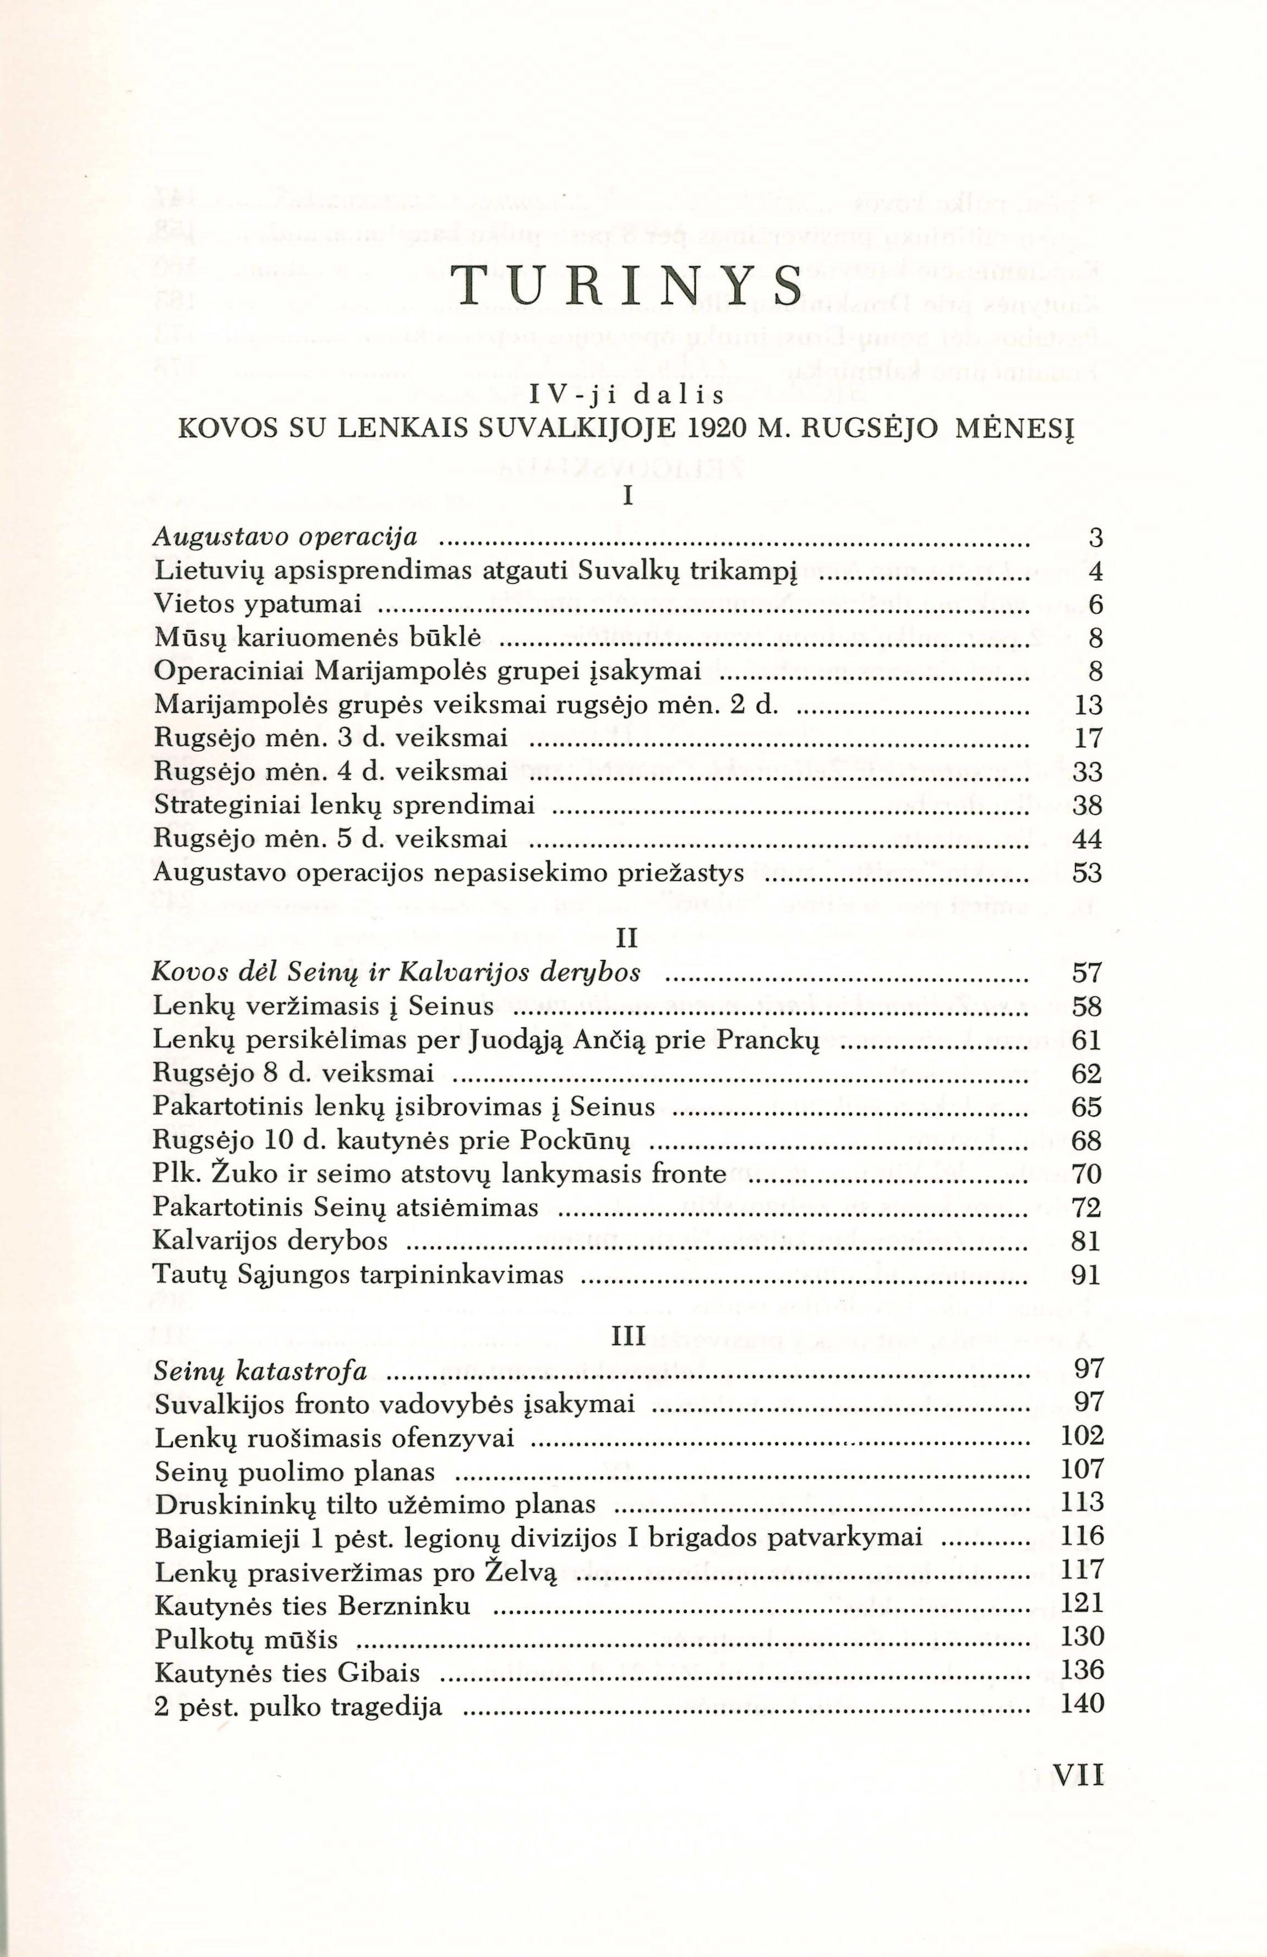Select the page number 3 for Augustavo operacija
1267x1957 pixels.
coord(1094,539)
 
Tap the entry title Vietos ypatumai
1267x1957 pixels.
coord(258,605)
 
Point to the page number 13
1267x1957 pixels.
coord(1088,706)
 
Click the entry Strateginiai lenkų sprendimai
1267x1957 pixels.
coord(345,806)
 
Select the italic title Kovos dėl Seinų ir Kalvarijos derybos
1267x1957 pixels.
coord(396,974)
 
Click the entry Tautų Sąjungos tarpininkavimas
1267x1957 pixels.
coord(358,1275)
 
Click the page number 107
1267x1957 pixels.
coord(1082,1470)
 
